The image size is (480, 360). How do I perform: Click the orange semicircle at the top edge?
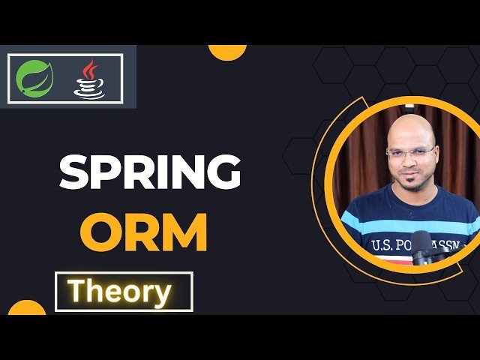click(x=227, y=51)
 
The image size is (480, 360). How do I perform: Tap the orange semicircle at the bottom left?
click(x=27, y=308)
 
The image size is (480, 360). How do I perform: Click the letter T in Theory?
click(x=76, y=291)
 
